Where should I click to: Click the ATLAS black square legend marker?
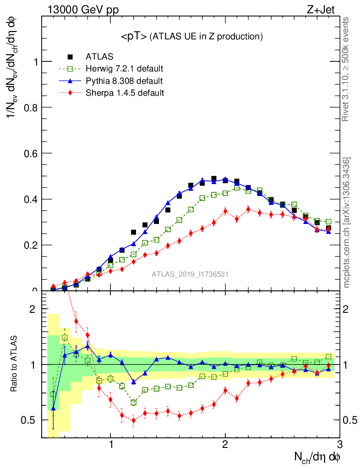(70, 57)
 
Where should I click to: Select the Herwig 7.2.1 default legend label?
(125, 69)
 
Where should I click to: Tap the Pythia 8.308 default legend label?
(124, 81)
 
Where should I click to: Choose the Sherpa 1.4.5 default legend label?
(125, 93)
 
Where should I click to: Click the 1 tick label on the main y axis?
(35, 61)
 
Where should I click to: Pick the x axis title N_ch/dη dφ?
(317, 457)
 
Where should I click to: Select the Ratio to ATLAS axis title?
(14, 364)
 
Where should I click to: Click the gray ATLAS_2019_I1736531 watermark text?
(190, 274)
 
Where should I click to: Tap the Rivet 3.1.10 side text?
(346, 69)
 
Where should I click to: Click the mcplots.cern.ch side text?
(347, 222)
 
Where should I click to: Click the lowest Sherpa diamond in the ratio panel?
(134, 420)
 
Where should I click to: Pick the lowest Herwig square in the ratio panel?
(134, 402)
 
